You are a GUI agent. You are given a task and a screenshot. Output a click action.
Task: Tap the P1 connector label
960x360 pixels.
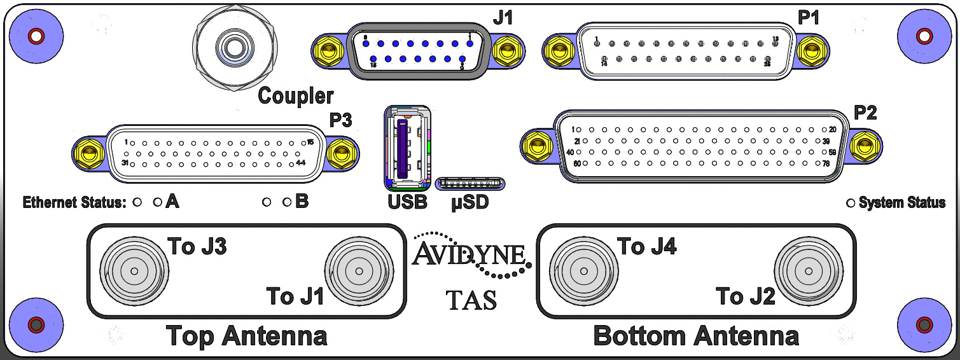(x=809, y=18)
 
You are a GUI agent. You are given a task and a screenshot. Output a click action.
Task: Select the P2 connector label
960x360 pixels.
(x=865, y=113)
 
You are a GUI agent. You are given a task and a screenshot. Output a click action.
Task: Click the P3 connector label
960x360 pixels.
(x=341, y=120)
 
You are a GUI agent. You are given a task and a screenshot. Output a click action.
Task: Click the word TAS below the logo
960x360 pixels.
(x=471, y=300)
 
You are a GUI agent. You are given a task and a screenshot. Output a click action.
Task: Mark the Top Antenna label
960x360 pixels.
(x=246, y=335)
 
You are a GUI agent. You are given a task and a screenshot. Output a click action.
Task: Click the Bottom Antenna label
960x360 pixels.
(x=696, y=335)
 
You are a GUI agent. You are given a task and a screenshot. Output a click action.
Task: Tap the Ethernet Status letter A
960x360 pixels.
(x=172, y=202)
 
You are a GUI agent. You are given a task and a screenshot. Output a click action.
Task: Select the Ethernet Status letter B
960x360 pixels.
(x=302, y=202)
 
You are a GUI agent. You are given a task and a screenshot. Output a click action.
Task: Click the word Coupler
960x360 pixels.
(x=296, y=96)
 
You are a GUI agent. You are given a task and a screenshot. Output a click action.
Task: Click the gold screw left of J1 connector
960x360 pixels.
(x=329, y=49)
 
